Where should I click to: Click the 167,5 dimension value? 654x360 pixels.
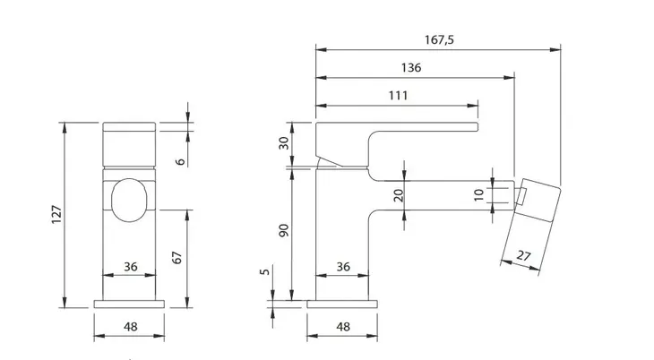(439, 40)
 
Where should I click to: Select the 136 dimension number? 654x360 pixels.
(411, 67)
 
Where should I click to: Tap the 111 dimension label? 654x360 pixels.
(398, 96)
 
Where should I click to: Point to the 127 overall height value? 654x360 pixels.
(56, 214)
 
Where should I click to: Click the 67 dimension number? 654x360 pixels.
(176, 257)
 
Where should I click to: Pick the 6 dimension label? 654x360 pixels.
(180, 161)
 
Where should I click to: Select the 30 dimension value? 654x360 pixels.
(284, 143)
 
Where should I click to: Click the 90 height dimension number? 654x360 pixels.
(284, 230)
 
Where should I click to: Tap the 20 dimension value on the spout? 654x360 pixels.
(399, 195)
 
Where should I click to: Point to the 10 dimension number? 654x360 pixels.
(478, 194)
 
